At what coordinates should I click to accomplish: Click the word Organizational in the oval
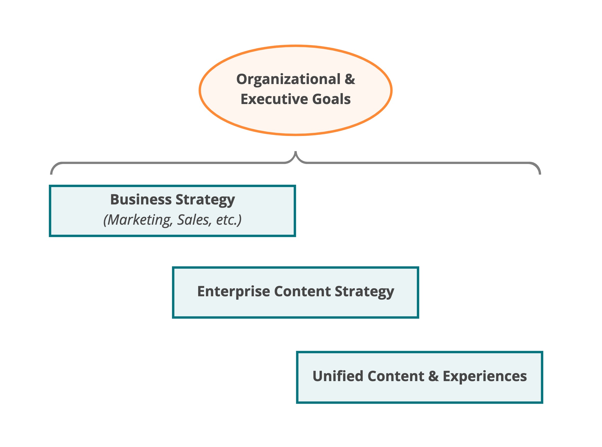tap(288, 80)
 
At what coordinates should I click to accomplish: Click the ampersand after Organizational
tap(349, 79)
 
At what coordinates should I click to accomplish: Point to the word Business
tap(141, 200)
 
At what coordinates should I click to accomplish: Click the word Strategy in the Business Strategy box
tap(205, 200)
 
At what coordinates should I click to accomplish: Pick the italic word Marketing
tap(139, 220)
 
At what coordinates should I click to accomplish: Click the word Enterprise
tap(233, 292)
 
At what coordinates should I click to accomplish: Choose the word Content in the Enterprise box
tap(302, 292)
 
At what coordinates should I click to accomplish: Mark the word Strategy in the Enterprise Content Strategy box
tap(364, 292)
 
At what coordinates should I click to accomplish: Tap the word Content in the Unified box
tap(396, 376)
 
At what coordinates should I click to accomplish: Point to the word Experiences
tap(484, 376)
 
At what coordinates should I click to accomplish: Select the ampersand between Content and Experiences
tap(433, 376)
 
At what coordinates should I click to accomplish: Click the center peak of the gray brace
tap(296, 153)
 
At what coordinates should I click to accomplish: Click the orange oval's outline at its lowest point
tap(296, 134)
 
